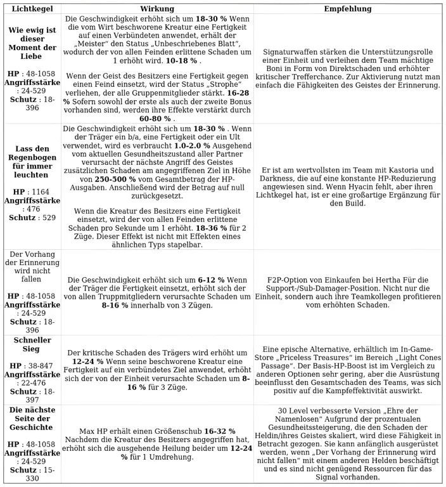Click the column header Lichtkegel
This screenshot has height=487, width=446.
[32, 9]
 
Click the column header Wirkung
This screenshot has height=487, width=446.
[157, 9]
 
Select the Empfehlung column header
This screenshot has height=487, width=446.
[348, 9]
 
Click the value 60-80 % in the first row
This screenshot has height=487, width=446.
[155, 118]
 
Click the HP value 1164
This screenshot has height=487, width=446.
[40, 191]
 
